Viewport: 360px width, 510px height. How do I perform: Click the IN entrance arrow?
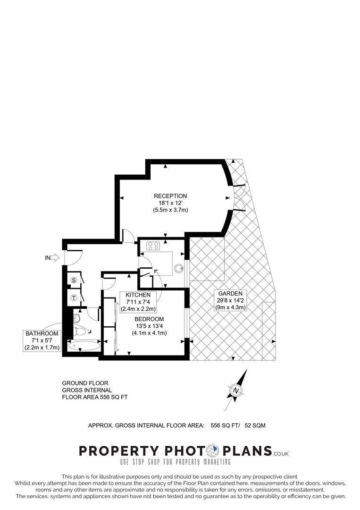(54, 257)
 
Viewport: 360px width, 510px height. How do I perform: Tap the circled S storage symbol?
(74, 280)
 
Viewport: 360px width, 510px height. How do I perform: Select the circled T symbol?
(74, 297)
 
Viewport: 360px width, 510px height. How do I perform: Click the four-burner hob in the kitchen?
(154, 245)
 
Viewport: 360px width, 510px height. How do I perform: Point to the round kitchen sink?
(179, 268)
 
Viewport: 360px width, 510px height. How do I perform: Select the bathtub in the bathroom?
(84, 346)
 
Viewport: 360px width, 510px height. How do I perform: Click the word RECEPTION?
(170, 196)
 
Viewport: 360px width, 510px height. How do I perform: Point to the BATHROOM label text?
(42, 334)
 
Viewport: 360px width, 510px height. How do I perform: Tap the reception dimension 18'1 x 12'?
(170, 203)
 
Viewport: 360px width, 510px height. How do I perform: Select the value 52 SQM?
(255, 425)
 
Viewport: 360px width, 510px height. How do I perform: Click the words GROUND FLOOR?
(85, 383)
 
